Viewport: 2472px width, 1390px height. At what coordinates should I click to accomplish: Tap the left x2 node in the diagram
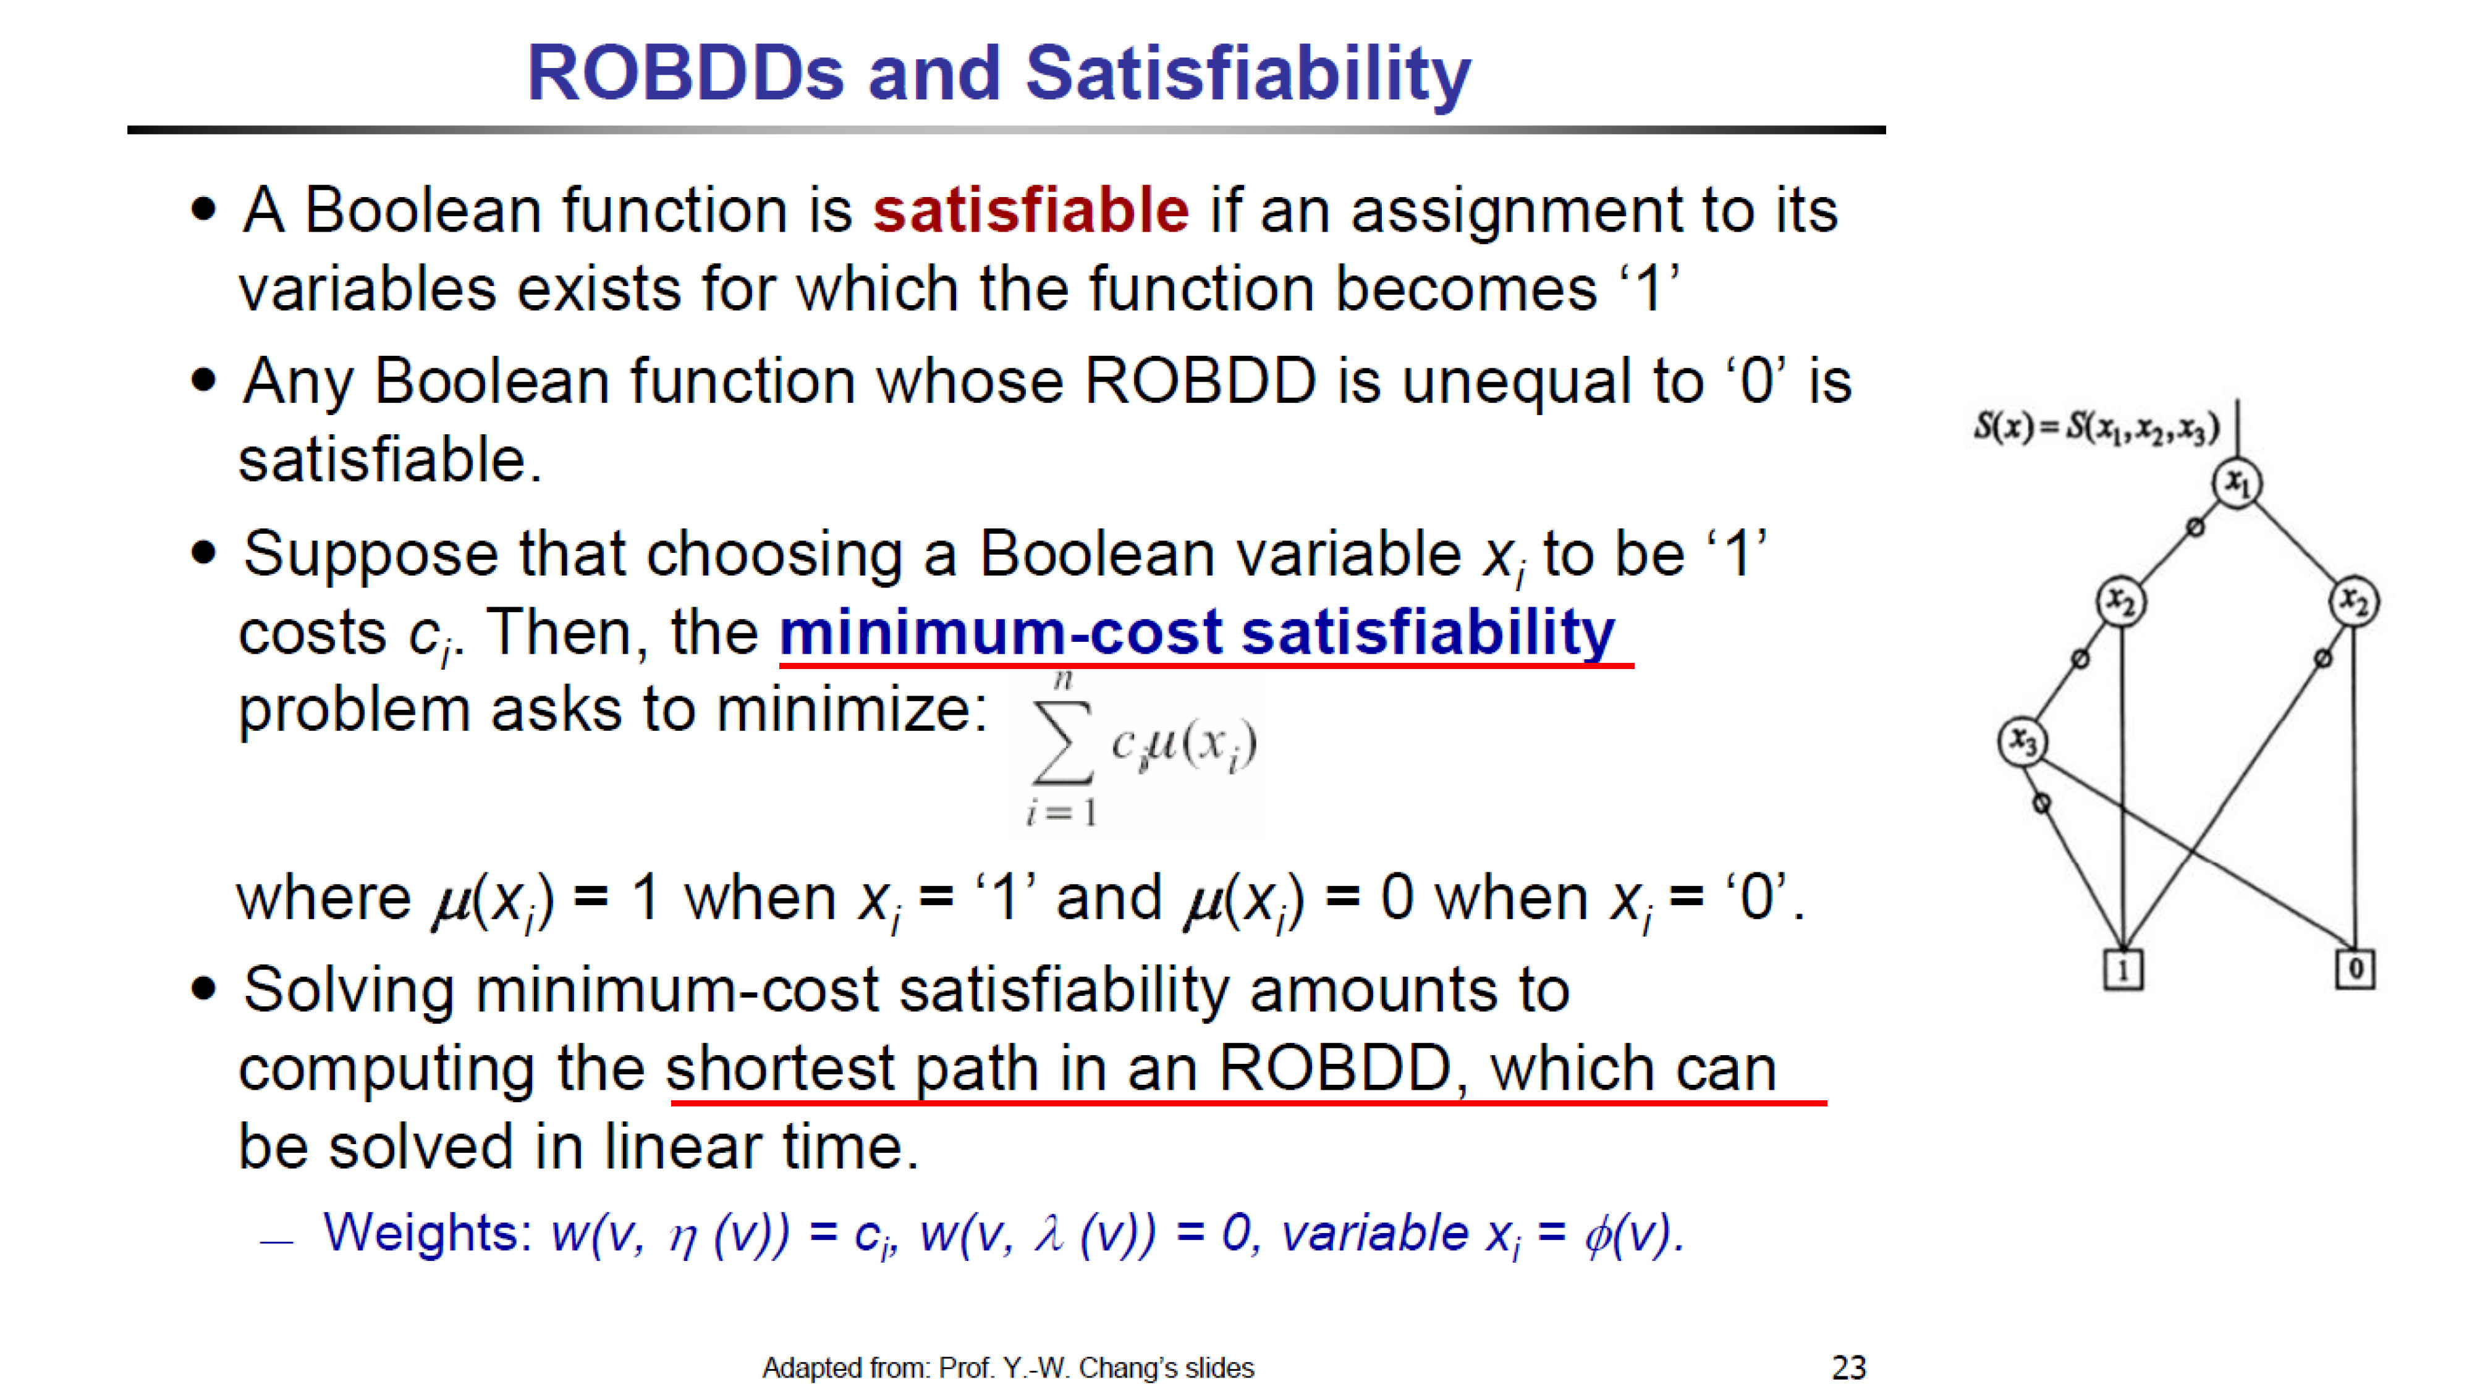pos(2120,602)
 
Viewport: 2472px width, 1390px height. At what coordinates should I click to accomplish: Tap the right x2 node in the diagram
pos(2354,602)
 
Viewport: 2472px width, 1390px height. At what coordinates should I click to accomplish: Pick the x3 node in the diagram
pos(2023,741)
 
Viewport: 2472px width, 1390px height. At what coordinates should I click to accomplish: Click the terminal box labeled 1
pos(2123,970)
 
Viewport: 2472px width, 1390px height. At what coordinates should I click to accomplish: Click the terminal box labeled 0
pos(2355,969)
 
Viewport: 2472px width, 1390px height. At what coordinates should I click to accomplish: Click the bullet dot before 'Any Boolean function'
pos(203,381)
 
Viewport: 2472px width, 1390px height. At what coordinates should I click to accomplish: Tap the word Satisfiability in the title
pos(1248,74)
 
